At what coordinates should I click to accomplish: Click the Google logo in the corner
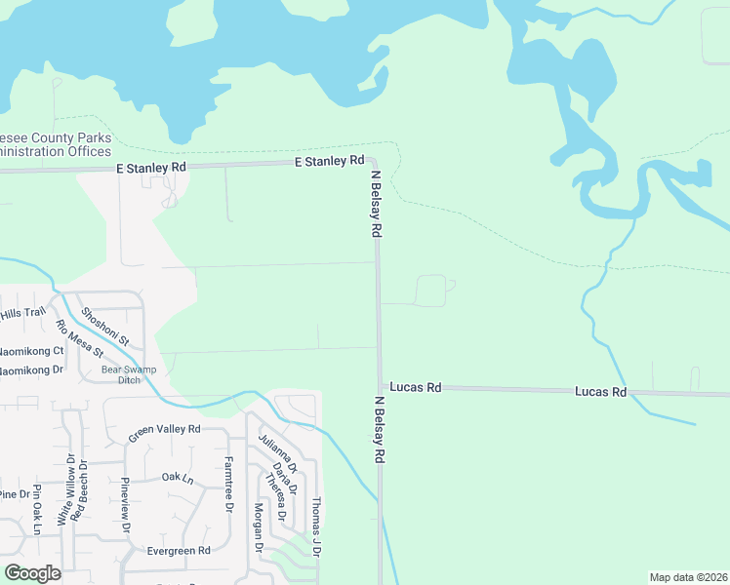32,573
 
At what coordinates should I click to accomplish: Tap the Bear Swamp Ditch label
135,374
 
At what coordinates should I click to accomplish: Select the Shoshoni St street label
105,326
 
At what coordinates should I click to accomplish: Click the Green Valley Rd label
164,429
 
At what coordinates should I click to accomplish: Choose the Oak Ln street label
178,478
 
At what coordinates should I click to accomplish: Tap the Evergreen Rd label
177,550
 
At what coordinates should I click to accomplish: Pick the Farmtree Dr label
228,485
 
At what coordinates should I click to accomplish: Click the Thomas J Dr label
315,526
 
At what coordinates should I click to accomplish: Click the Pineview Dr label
125,506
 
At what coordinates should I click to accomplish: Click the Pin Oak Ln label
36,509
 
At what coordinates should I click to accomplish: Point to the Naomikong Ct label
31,350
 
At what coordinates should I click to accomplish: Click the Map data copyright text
688,577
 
